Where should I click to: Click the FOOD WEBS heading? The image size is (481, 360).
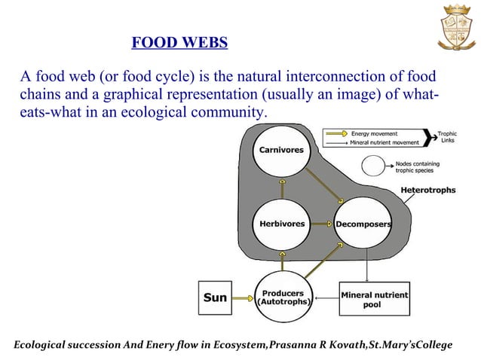pyautogui.click(x=179, y=42)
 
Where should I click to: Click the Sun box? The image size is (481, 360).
pyautogui.click(x=215, y=297)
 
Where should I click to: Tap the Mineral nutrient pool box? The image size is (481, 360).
pyautogui.click(x=372, y=298)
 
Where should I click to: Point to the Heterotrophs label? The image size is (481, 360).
pyautogui.click(x=428, y=191)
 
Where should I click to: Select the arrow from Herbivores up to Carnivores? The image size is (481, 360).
pyautogui.click(x=281, y=188)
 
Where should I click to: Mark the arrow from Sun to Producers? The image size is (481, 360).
pyautogui.click(x=242, y=297)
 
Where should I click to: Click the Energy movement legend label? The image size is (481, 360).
pyautogui.click(x=374, y=133)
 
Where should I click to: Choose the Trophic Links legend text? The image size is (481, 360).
pyautogui.click(x=448, y=138)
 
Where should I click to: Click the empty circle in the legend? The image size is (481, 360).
pyautogui.click(x=375, y=165)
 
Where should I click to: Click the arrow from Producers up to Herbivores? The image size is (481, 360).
pyautogui.click(x=281, y=261)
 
